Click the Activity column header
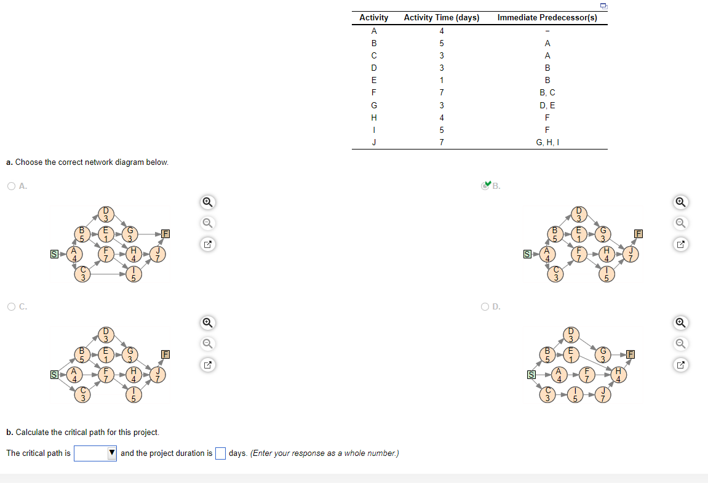373,18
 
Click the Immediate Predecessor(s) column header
547,18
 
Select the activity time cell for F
441,92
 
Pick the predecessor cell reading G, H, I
547,143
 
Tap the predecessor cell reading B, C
547,92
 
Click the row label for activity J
373,143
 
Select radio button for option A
12,186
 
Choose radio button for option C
12,306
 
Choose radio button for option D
485,306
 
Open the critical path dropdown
95,453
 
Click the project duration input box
220,453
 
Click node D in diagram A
105,215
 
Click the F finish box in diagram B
639,234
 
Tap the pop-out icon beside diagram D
680,364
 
